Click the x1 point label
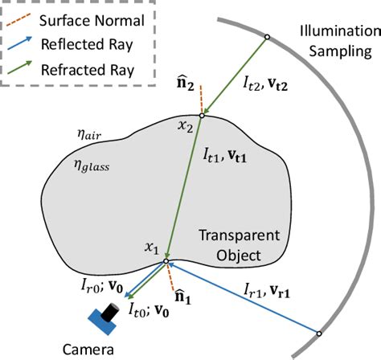150,250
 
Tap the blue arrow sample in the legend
27,40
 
